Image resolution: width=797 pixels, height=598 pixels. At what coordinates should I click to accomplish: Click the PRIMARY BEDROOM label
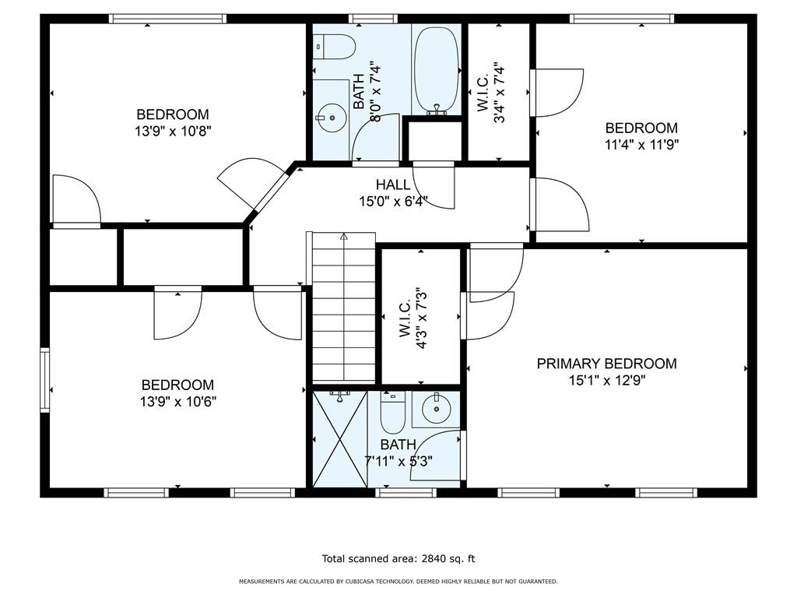tap(606, 364)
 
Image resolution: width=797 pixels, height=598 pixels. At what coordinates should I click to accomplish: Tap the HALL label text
tap(393, 185)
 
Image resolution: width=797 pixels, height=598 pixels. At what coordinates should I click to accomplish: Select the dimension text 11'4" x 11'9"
tap(641, 145)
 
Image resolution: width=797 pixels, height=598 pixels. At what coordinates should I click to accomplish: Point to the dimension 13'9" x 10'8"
tap(173, 131)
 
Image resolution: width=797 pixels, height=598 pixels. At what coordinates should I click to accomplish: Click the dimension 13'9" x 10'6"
tap(178, 402)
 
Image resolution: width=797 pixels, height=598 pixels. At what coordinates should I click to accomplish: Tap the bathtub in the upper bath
tap(437, 69)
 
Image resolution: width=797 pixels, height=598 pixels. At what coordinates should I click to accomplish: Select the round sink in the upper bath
tap(332, 118)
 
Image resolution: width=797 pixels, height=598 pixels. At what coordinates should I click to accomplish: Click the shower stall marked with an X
tap(339, 439)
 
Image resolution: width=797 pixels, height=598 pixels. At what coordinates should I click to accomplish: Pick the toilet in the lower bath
tap(392, 413)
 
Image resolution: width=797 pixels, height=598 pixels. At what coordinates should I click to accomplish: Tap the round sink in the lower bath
tap(436, 408)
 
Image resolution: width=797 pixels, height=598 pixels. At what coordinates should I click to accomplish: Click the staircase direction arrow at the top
tap(344, 237)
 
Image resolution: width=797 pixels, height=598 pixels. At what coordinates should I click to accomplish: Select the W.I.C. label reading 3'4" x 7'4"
tap(491, 93)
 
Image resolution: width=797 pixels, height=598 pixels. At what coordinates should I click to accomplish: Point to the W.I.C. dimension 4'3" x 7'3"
tap(413, 318)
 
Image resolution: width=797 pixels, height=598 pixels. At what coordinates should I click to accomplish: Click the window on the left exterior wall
tap(45, 380)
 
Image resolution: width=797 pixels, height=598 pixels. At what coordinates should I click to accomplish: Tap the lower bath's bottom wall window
tap(406, 492)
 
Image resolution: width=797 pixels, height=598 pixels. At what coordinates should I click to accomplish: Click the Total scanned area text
tap(398, 558)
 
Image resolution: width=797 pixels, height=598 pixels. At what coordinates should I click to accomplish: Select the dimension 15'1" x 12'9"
tap(607, 380)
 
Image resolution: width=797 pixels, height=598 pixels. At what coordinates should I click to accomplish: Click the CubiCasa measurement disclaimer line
tap(398, 581)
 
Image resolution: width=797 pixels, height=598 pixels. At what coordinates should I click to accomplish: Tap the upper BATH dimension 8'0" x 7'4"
tap(375, 92)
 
